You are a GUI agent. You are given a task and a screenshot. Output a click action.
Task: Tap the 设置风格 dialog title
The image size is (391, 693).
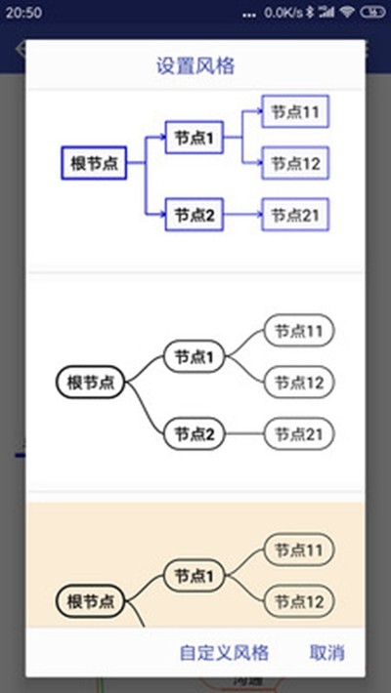pos(195,66)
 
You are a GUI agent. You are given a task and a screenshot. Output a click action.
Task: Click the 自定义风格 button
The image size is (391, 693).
pos(224,652)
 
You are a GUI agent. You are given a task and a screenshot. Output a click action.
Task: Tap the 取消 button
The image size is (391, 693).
pos(327,652)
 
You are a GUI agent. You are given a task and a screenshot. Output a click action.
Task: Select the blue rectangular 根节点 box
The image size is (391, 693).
pos(94,163)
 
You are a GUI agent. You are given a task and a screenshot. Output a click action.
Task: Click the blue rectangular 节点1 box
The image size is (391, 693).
pos(194,138)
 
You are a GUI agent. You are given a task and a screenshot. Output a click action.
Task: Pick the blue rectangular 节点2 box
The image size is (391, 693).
pos(194,215)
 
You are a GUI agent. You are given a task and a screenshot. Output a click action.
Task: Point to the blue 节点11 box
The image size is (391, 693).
pos(295,111)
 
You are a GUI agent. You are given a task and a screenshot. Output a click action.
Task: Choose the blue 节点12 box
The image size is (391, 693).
pos(295,163)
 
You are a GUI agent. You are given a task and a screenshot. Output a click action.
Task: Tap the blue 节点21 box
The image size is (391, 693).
pos(295,215)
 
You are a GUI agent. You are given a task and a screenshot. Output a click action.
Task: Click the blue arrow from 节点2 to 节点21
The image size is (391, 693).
pos(242,215)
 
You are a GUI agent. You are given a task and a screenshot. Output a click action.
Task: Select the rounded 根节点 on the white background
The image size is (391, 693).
pos(91,383)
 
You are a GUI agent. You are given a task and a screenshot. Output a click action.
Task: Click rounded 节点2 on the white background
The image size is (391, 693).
pos(195,434)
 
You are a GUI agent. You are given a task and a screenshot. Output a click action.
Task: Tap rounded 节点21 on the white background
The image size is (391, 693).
pos(299,434)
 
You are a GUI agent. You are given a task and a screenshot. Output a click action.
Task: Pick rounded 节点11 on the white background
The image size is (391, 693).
pos(299,330)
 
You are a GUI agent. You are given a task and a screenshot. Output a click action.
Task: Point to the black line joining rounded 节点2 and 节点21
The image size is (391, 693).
pos(244,434)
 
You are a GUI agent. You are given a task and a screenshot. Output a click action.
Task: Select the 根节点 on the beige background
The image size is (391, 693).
pos(91,601)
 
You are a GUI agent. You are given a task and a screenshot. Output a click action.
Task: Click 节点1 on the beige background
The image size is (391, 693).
pos(195,576)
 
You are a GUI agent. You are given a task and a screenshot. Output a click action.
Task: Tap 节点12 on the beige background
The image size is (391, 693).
pos(299,601)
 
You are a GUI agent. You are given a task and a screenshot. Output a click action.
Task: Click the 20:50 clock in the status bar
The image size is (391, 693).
pos(23,13)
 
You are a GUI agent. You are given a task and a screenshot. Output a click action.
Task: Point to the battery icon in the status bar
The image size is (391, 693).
pos(372,13)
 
